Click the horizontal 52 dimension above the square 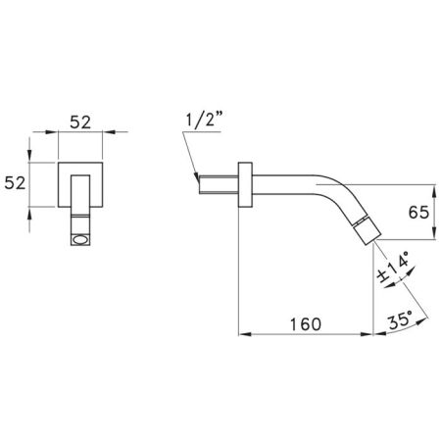pos(80,122)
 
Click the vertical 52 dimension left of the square pos(15,183)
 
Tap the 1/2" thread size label pos(205,120)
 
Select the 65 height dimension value pos(418,213)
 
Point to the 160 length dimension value pos(306,324)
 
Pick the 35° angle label pos(401,320)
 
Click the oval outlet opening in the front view pos(80,240)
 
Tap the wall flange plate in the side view pos(245,184)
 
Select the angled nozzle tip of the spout pos(367,230)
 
